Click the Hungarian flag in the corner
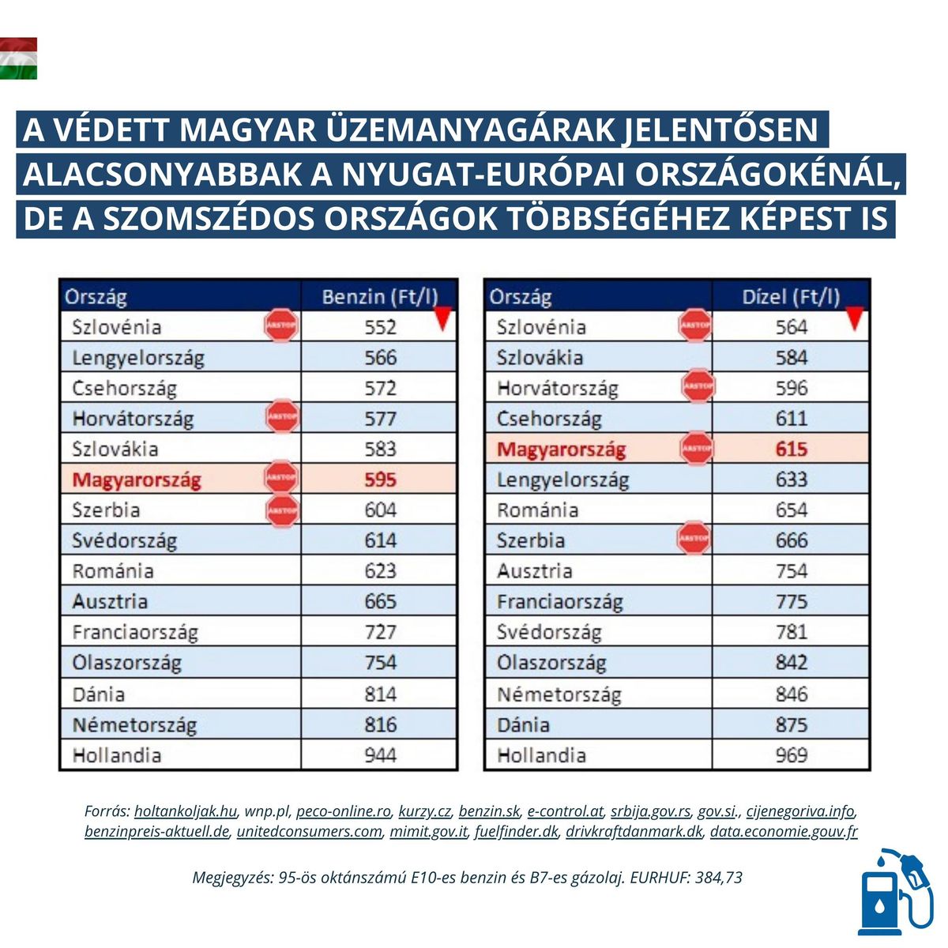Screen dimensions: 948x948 (18, 58)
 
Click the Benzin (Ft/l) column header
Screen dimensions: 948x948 (379, 297)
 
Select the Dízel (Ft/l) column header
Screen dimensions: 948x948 (791, 297)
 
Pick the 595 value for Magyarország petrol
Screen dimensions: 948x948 (380, 480)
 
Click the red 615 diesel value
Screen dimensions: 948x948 (791, 450)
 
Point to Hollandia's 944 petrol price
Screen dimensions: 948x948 (380, 755)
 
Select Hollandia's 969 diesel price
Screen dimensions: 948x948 (791, 755)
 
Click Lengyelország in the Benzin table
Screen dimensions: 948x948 (138, 358)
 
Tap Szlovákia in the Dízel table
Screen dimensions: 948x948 (540, 358)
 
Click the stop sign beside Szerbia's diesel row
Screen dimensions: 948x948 (694, 540)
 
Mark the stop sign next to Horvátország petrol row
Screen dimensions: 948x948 (282, 418)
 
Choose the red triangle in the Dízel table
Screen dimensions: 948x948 (853, 318)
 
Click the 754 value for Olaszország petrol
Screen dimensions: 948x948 (380, 662)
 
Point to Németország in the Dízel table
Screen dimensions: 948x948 (559, 694)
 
